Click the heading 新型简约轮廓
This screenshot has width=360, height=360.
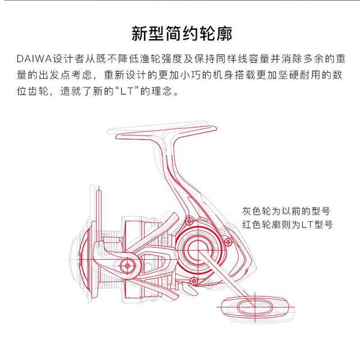(x=182, y=34)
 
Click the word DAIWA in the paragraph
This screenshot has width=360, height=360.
(x=34, y=59)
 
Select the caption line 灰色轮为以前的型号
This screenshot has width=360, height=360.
(x=286, y=211)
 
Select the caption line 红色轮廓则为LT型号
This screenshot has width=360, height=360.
(x=287, y=224)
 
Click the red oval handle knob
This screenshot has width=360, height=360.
(x=255, y=307)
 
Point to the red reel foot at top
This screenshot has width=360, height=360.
(x=166, y=132)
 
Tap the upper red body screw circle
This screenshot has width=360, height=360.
(x=189, y=221)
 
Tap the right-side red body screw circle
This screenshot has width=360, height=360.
(x=228, y=242)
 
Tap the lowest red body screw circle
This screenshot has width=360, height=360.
(x=194, y=281)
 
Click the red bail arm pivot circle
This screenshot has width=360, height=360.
(x=127, y=266)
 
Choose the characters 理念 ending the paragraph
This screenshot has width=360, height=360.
(x=161, y=91)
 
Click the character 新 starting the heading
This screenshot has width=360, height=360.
(x=139, y=34)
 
